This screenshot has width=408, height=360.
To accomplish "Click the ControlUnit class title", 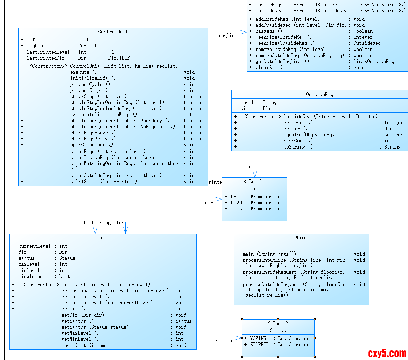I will point(113,32).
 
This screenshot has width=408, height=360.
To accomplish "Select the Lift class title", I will point(103,238).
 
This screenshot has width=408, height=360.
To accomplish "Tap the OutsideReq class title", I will point(319,94).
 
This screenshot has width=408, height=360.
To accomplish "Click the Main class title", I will point(301,238).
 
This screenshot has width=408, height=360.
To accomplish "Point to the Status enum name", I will point(278,330).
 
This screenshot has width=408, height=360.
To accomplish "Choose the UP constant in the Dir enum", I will point(234,197).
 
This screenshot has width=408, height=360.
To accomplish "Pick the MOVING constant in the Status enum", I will point(258,338).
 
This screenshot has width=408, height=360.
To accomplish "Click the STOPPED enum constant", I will point(259,345).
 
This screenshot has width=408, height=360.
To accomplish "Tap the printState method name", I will point(84,182).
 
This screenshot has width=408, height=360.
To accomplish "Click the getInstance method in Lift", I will point(76,291).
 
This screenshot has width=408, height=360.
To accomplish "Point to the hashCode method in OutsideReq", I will point(294,141).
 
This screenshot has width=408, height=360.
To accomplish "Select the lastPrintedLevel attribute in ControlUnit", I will point(48,52).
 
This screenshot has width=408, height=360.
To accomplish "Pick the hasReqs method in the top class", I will point(265,31).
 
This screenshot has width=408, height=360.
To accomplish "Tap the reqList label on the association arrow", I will point(228,35).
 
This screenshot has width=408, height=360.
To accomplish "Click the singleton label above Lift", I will point(112,223).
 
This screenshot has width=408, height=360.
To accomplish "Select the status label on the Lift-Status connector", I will point(224,341).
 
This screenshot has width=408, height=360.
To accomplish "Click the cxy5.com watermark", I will point(387,353).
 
